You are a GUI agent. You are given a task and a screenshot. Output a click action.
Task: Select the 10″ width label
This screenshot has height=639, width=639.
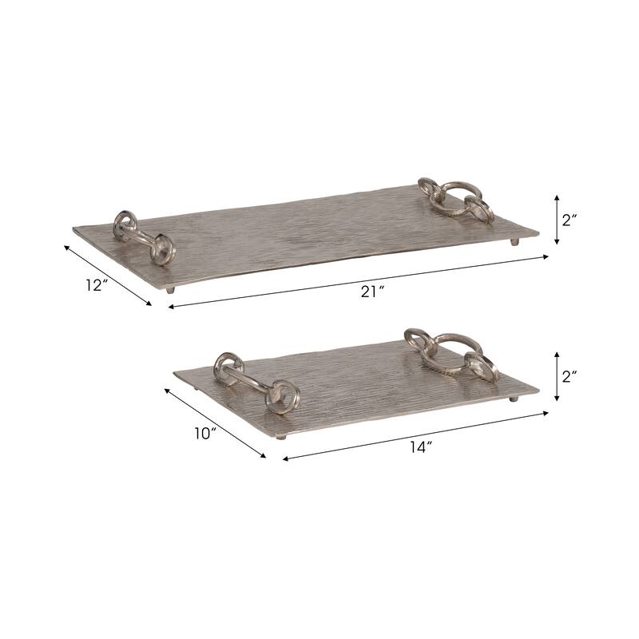(204, 433)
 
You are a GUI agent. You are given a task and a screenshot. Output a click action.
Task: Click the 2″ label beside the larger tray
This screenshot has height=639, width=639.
(570, 221)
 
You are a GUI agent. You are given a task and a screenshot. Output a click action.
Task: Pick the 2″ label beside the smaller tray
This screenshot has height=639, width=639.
(570, 376)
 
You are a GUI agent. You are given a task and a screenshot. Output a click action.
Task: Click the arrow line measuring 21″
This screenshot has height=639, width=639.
(359, 280)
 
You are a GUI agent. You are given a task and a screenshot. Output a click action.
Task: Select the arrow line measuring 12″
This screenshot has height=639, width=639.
(107, 274)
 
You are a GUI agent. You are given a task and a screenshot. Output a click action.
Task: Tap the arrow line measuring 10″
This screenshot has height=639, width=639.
(214, 423)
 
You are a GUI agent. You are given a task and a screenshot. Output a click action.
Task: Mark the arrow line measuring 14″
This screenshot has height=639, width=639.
(415, 435)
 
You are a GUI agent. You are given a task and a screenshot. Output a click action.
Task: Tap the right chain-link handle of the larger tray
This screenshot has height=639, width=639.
(456, 199)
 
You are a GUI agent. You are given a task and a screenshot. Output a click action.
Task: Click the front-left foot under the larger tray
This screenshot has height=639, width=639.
(169, 290)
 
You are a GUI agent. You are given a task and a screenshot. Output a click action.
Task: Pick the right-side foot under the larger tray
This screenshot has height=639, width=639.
(515, 241)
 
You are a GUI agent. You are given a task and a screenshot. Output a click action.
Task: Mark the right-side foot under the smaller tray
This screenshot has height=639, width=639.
(514, 398)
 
